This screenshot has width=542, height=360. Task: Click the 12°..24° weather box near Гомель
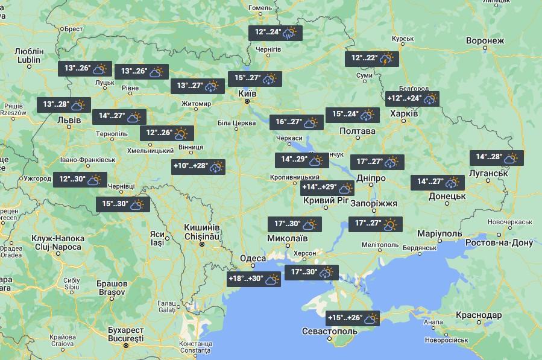tap(276, 33)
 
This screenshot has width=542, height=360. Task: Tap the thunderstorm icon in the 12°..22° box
tap(386, 58)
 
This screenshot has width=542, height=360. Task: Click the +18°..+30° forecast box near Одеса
tap(254, 279)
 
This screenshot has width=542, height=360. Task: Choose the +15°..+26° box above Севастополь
tap(353, 318)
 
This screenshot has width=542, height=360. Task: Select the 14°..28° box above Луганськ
tap(497, 157)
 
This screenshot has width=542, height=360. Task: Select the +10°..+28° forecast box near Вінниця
tap(198, 166)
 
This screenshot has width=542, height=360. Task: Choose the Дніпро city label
tap(371, 178)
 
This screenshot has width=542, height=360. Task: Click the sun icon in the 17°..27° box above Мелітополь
tap(391, 224)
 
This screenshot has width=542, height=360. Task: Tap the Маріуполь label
tap(440, 233)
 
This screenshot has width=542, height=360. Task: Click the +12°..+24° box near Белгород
tap(412, 98)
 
